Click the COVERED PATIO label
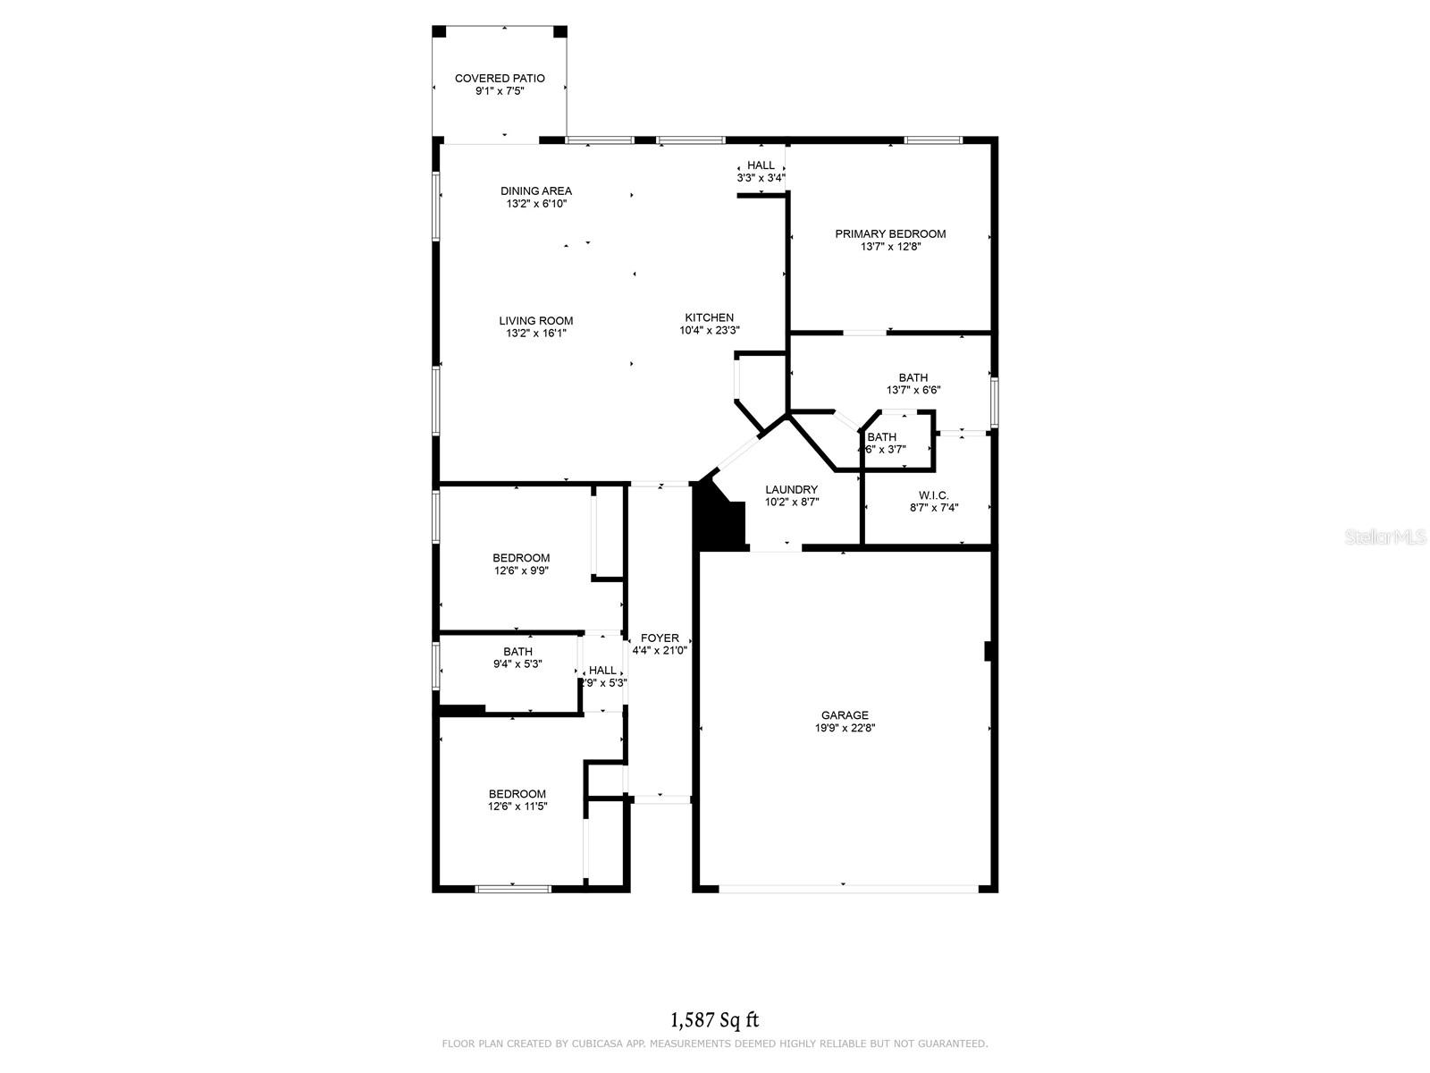(500, 79)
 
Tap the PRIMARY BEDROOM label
(890, 234)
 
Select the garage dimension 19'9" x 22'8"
(845, 728)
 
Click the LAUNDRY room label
(791, 490)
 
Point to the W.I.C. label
(933, 495)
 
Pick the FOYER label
(660, 638)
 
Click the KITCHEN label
(709, 317)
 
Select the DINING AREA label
(535, 191)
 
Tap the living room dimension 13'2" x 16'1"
(535, 334)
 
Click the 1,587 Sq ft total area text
(715, 1019)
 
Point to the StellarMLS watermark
(1385, 537)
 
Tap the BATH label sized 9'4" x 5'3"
(517, 652)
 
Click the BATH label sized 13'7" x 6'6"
(913, 377)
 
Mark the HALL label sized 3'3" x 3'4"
(761, 165)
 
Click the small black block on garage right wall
(988, 651)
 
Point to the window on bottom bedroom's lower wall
(512, 889)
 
